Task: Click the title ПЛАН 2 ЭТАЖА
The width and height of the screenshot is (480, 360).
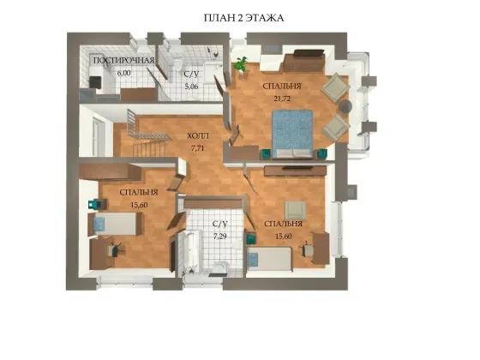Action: [243, 18]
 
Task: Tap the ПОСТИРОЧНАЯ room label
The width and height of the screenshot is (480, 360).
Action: [123, 60]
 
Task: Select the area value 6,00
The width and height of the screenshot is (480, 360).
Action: [123, 73]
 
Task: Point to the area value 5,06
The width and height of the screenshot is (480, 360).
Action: [191, 87]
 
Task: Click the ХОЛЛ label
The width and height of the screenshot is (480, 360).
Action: [198, 135]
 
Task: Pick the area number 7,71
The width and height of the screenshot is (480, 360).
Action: [197, 148]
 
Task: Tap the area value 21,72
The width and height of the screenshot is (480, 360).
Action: [282, 99]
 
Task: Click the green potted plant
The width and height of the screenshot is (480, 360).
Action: [241, 64]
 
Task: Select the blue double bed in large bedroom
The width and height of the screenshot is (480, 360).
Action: [292, 134]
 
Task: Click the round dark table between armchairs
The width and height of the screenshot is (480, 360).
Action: [345, 106]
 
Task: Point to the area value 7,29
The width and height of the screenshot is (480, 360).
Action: [220, 237]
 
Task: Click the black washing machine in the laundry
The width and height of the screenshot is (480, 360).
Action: [95, 82]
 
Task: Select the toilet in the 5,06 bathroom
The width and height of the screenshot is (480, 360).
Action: [177, 63]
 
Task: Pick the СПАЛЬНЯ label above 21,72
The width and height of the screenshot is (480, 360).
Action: [282, 86]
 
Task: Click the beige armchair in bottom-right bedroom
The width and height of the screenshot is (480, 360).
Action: [296, 210]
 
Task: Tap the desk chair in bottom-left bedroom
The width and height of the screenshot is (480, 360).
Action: [115, 249]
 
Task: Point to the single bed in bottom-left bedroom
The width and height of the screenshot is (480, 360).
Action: [115, 224]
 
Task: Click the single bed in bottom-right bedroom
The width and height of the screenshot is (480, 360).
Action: [269, 259]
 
